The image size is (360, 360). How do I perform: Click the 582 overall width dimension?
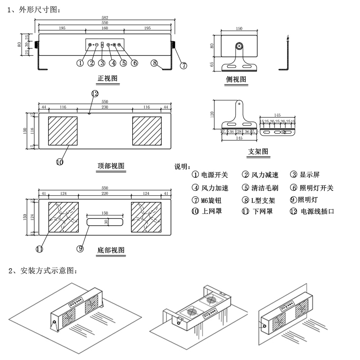point(104,18)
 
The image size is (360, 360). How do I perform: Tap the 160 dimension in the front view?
point(104,28)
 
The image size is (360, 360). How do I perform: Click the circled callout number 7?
point(184,65)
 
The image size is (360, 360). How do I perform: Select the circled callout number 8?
point(154,63)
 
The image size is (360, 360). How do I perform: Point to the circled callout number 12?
point(94,94)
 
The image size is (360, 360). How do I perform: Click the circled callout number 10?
point(60,162)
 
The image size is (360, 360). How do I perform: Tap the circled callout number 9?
point(81,248)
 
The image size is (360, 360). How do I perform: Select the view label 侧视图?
point(237,80)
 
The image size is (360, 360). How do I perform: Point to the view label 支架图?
point(258,152)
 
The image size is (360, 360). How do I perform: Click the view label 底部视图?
point(111,250)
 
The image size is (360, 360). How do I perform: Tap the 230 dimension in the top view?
point(104,107)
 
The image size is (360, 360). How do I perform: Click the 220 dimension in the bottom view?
point(104,193)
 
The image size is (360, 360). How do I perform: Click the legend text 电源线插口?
point(318,211)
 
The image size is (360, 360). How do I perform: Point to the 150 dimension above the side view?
point(239,28)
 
